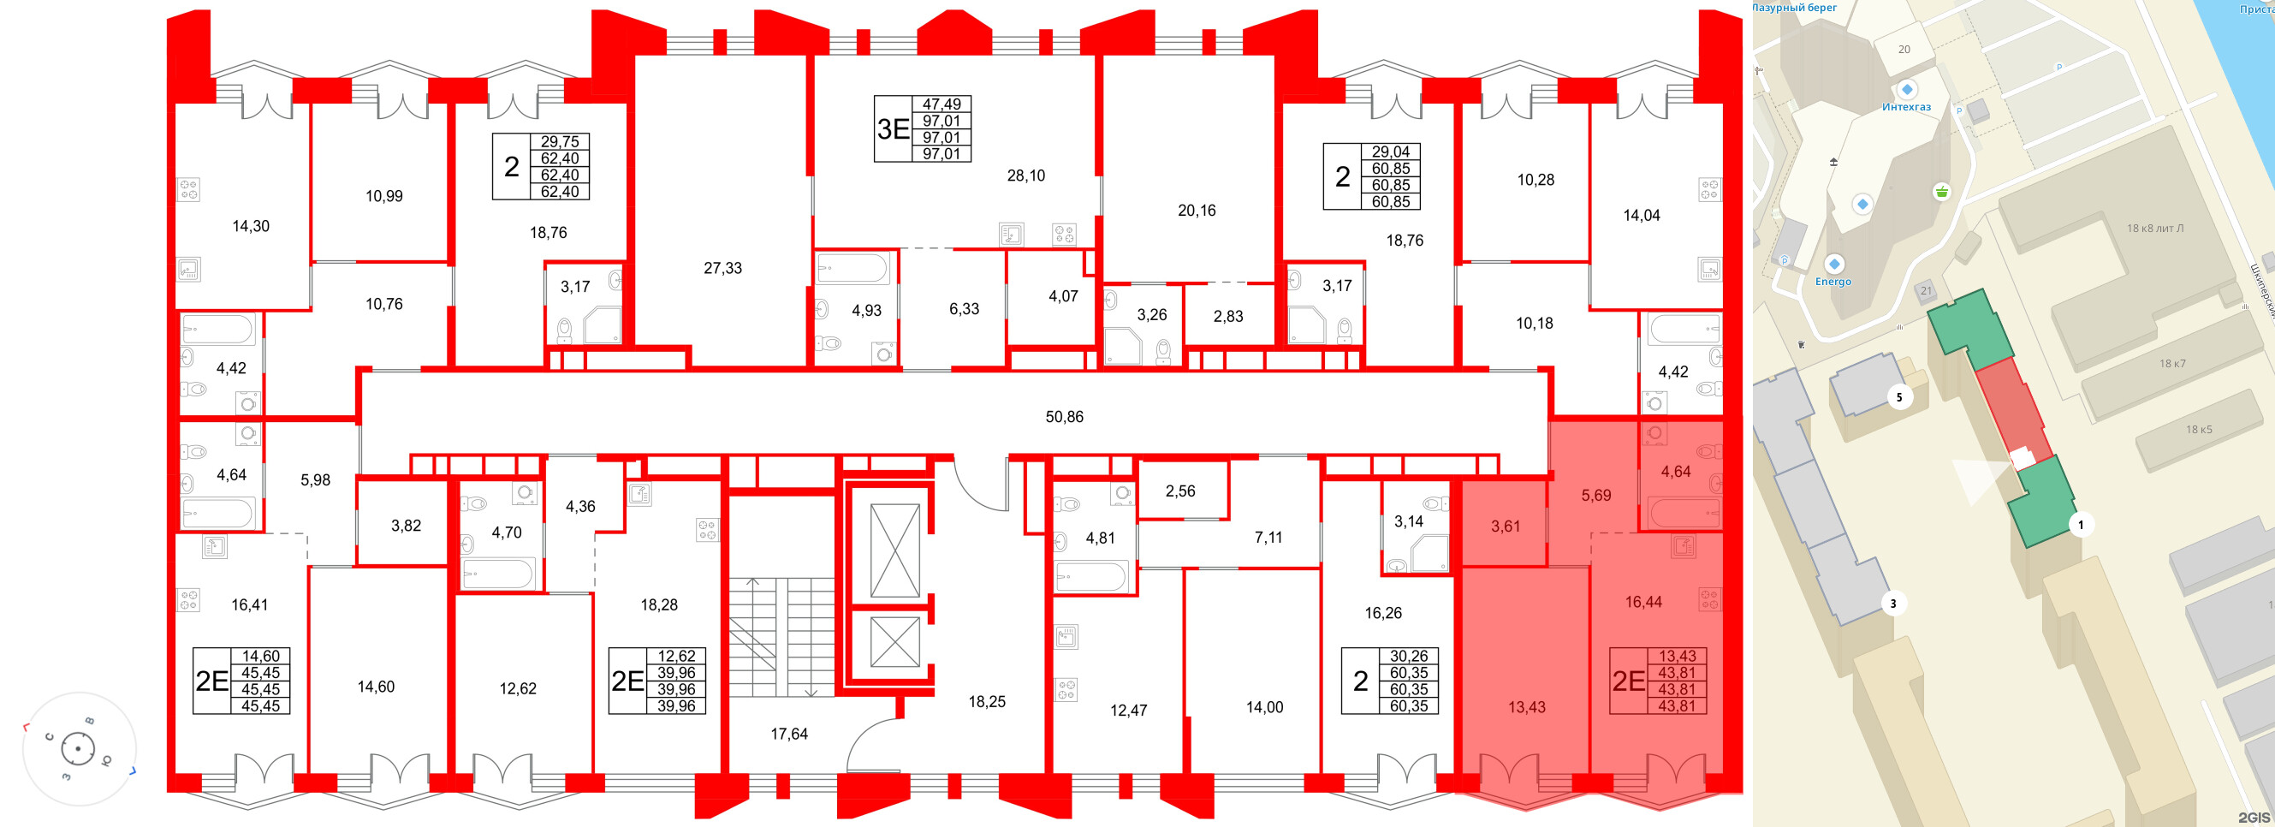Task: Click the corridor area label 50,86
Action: click(1064, 417)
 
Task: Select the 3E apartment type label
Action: click(893, 129)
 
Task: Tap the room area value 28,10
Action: click(1025, 176)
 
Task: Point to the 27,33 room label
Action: click(722, 269)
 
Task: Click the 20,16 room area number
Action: click(1197, 211)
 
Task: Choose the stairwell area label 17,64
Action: click(788, 734)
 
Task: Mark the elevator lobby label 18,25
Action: click(987, 701)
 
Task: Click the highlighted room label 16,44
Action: click(1642, 602)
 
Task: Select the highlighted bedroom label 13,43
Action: click(1526, 707)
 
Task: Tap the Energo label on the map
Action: click(1832, 282)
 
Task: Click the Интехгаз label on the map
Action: click(1906, 107)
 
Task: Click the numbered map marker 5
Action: click(1898, 397)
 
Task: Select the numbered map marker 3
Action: click(1892, 604)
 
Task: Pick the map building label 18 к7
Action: click(2172, 363)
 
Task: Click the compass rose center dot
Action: click(78, 749)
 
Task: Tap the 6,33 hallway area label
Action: click(964, 309)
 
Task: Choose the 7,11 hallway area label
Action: click(1268, 537)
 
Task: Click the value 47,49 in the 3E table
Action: click(941, 104)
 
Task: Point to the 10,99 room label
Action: click(384, 196)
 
